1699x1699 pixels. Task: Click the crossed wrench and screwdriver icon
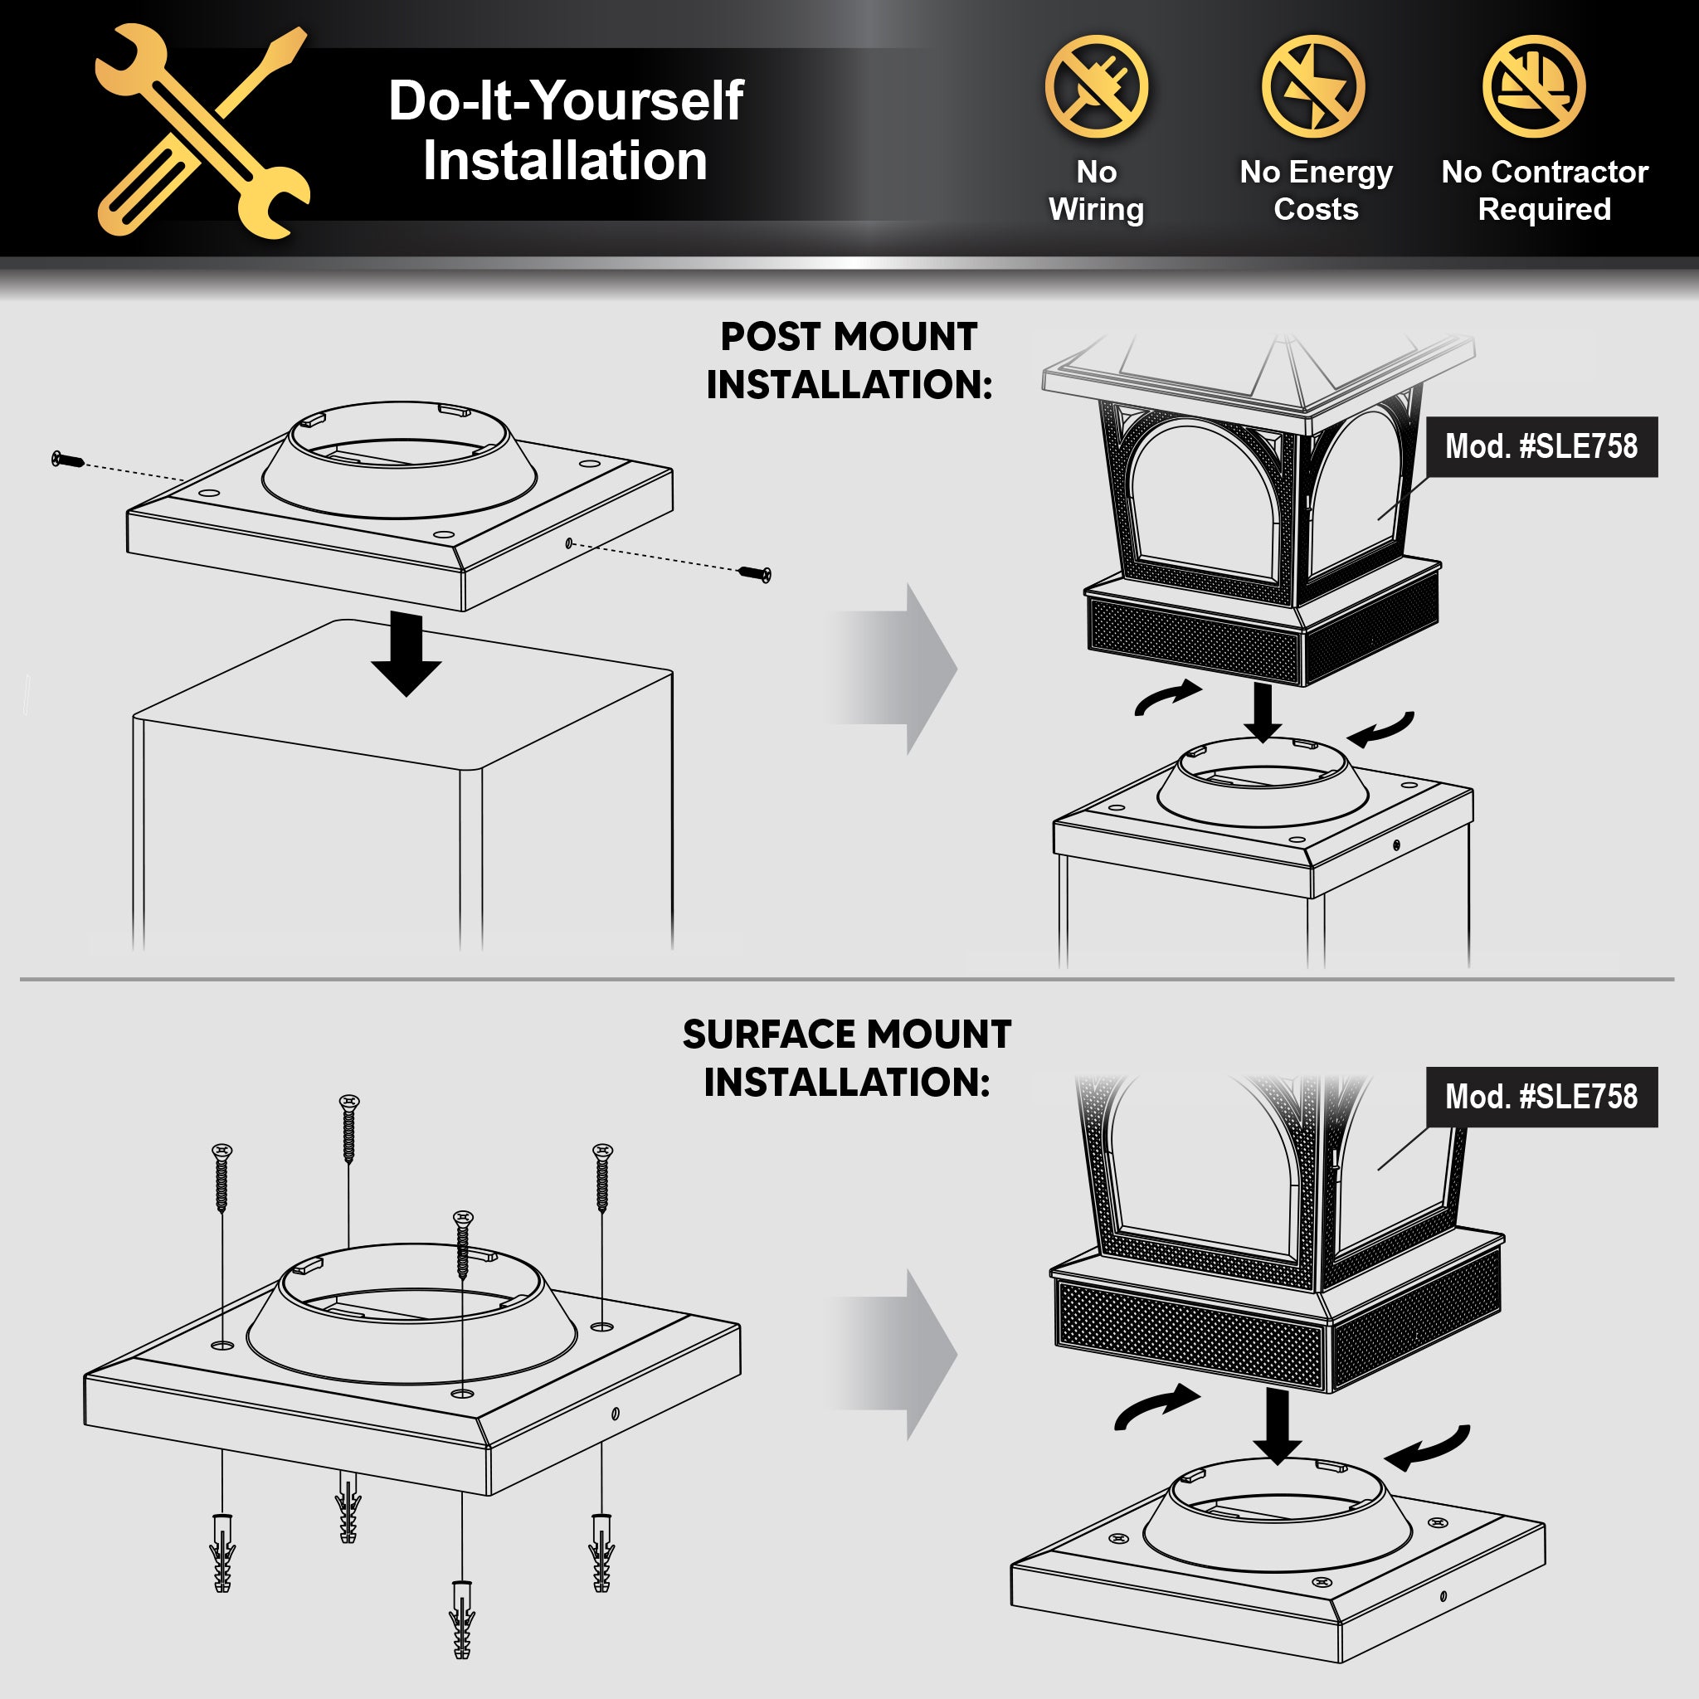202,131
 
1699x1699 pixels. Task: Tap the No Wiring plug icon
1097,86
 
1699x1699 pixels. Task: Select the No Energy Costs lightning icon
1314,86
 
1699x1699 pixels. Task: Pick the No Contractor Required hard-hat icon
1534,86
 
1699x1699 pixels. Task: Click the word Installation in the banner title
566,161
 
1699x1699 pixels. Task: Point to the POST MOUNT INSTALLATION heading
849,361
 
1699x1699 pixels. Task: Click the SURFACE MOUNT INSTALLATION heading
847,1058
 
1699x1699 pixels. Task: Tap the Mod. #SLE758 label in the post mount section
1541,447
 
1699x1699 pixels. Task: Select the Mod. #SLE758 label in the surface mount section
1541,1097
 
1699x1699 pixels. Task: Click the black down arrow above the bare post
406,654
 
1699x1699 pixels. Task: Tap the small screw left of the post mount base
68,459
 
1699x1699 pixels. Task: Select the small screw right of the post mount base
755,574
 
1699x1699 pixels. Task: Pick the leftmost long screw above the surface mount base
222,1177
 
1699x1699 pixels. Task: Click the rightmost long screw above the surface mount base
602,1177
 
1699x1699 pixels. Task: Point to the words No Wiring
1097,190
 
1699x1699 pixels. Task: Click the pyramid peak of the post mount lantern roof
1285,338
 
